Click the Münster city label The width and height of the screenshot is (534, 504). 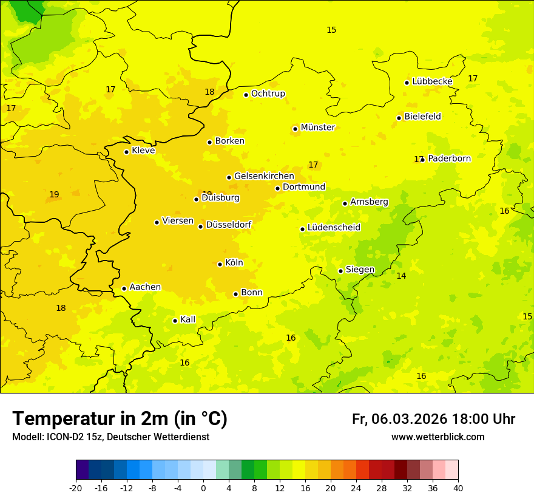[317, 128]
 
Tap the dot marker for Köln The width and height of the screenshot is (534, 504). [220, 264]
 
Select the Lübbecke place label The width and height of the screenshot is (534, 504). [432, 81]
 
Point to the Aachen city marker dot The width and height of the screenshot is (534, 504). [124, 288]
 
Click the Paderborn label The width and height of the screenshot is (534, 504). [449, 158]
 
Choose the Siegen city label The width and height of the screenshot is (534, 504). [360, 270]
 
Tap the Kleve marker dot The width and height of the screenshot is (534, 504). [126, 152]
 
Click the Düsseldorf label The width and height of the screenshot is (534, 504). [229, 225]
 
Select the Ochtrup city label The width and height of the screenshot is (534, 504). [268, 94]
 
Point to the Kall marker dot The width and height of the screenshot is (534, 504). [175, 321]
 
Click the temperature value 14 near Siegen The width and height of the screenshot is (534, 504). [401, 276]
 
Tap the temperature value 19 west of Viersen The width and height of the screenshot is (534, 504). [54, 195]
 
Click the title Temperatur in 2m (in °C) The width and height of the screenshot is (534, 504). [120, 419]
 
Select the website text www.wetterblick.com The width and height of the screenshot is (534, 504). [438, 437]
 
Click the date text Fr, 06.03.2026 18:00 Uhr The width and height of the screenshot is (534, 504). [433, 419]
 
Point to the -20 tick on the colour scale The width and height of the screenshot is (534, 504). [76, 488]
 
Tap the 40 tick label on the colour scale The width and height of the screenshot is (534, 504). [458, 488]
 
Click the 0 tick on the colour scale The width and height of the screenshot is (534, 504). [203, 488]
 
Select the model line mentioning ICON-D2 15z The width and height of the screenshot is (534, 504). [110, 437]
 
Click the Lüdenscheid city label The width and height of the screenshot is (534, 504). [334, 228]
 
